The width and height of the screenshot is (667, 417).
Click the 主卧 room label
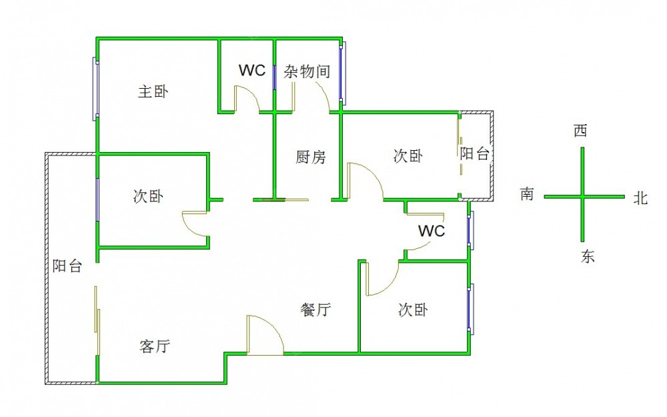coord(153,91)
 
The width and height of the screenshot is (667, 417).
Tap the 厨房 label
coord(311,157)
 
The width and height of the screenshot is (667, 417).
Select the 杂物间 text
coord(307,71)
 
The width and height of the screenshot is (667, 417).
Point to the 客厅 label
coord(155,346)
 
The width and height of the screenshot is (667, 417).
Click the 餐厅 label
coord(316,310)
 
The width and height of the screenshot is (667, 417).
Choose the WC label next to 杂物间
coord(253,70)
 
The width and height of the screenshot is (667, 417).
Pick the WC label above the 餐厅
coord(432,232)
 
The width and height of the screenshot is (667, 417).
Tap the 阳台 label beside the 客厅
coord(67,266)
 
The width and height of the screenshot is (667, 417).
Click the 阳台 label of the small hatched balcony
coord(475,154)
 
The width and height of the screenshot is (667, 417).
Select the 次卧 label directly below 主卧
coord(147,196)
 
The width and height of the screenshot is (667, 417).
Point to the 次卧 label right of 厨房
coord(408,156)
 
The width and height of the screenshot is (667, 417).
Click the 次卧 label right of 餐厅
coord(413,310)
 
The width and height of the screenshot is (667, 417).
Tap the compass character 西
coord(581,131)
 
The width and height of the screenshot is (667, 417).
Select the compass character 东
coord(587,257)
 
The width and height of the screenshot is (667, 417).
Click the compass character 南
coord(527,194)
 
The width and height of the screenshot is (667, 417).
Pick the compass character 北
coord(640,198)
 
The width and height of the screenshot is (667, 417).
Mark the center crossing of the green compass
coord(583,197)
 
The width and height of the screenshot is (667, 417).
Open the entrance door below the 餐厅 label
coord(265,336)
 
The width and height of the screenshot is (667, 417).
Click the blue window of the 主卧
coord(95,89)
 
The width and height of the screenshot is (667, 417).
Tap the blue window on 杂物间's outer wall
coord(343,73)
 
